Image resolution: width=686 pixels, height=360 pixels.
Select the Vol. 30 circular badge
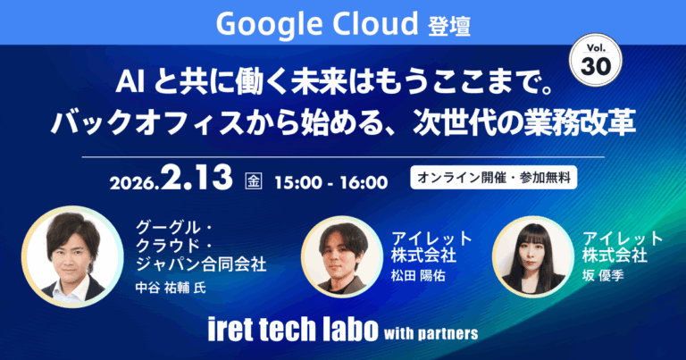[x=591, y=63]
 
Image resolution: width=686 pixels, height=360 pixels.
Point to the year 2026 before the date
[x=134, y=183]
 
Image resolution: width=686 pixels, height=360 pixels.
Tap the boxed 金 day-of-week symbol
[x=254, y=181]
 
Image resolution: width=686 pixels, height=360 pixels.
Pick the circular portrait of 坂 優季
[x=533, y=256]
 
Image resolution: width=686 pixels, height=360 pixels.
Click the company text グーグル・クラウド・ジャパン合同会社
[x=201, y=244]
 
